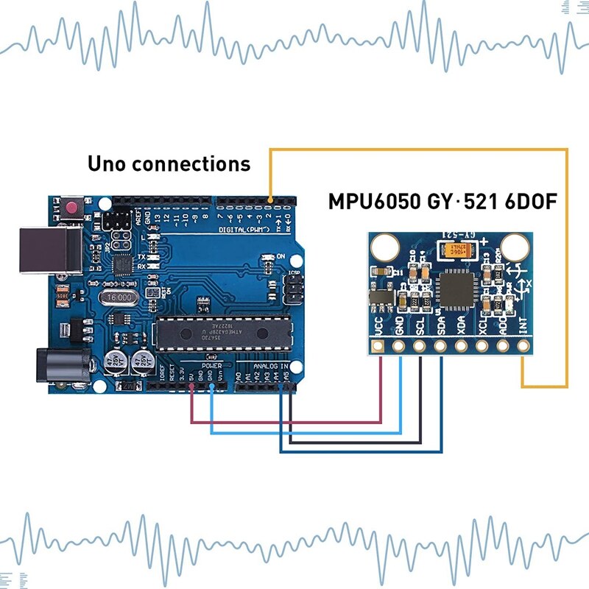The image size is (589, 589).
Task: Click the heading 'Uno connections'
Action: coord(169,163)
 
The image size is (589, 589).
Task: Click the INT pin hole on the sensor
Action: coord(524,346)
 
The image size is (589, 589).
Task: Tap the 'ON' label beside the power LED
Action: coord(281,256)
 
